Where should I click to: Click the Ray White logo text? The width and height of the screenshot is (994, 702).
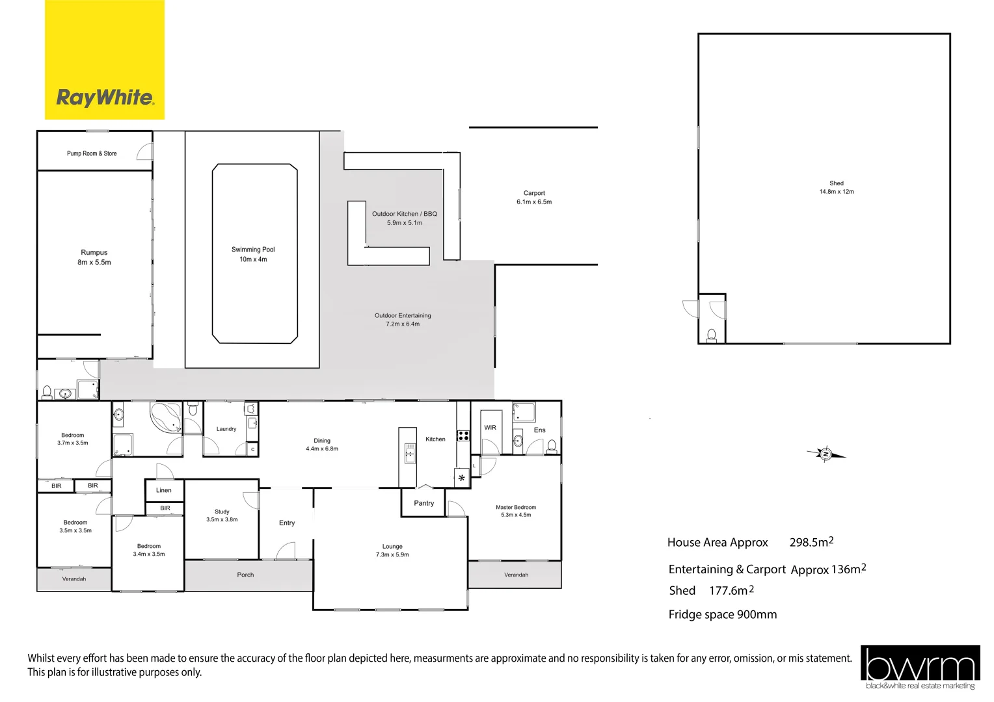105,97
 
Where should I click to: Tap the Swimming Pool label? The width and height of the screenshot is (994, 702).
253,250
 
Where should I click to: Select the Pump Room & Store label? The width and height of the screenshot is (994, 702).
92,153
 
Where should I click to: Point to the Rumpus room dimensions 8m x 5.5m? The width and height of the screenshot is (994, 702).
94,263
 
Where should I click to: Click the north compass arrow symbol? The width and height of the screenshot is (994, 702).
826,454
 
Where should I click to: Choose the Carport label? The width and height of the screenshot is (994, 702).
534,193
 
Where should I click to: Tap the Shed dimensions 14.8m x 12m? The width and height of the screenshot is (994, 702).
837,192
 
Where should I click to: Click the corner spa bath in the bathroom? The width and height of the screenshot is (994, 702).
166,417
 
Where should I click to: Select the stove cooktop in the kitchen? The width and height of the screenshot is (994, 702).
463,435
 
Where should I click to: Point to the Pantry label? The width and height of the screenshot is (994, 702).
423,503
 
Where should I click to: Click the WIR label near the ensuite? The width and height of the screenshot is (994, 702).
490,428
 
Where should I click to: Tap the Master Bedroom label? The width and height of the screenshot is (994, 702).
516,507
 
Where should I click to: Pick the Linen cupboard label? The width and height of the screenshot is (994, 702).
164,490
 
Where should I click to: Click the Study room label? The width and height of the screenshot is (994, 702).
222,512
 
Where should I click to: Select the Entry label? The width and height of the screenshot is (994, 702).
287,523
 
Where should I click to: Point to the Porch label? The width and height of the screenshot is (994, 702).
245,575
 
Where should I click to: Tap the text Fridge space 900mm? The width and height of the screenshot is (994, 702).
722,615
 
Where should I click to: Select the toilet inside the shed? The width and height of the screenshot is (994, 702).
712,335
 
